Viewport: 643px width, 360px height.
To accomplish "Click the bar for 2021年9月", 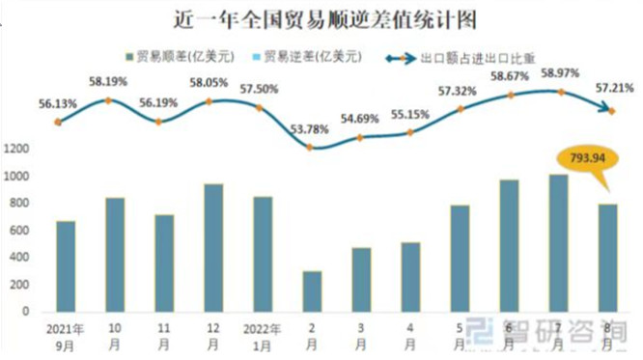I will (x=66, y=266).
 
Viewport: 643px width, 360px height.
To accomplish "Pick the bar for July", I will (x=560, y=243).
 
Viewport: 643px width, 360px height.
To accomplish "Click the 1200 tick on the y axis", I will (x=18, y=149).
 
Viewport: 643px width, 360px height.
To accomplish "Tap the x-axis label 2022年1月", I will (x=263, y=334).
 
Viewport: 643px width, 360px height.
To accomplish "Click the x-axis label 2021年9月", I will (x=66, y=334).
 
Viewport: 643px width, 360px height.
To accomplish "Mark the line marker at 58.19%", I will (x=115, y=99).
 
